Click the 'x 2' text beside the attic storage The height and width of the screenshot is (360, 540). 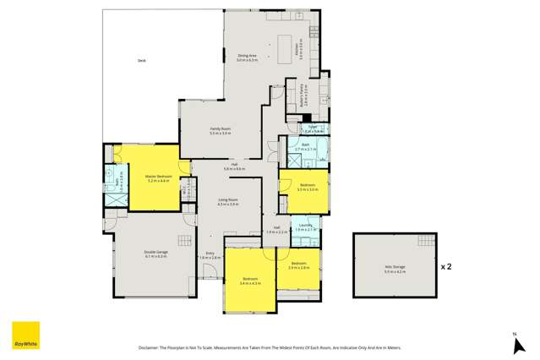point(446,266)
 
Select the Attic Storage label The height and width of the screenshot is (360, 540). point(395,268)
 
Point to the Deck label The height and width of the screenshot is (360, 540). point(142,61)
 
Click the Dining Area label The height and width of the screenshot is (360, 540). point(248,57)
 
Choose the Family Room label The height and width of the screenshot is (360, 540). point(220,130)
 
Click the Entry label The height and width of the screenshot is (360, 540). point(210,254)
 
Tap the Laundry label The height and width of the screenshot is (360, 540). point(305,227)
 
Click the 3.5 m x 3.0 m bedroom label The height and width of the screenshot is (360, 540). point(306,187)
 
